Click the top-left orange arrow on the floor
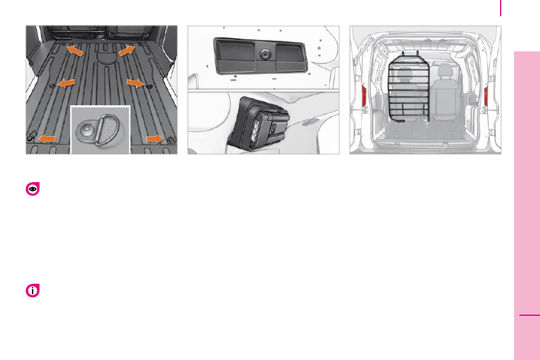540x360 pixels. pos(75,50)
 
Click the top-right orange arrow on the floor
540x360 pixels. pos(127,51)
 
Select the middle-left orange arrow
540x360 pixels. pos(67,81)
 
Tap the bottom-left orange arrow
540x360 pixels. pos(48,139)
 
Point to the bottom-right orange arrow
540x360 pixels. pos(155,139)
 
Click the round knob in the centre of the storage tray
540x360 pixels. pos(264,54)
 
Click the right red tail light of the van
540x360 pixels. pos(486,97)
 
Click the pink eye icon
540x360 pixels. pos(33,189)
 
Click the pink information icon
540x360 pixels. pos(33,291)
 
